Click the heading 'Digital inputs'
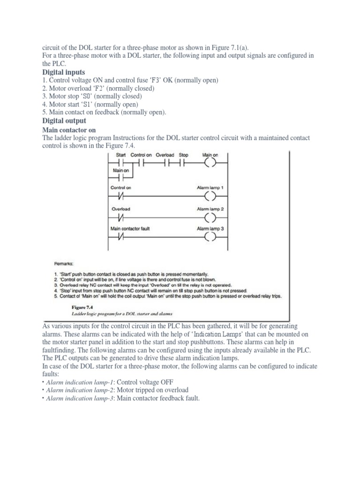64,72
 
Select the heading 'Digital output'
64,121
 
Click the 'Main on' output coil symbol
210,164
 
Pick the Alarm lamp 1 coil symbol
210,195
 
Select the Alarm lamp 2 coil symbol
210,217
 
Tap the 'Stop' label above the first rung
183,155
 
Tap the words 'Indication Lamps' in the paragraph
216,334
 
